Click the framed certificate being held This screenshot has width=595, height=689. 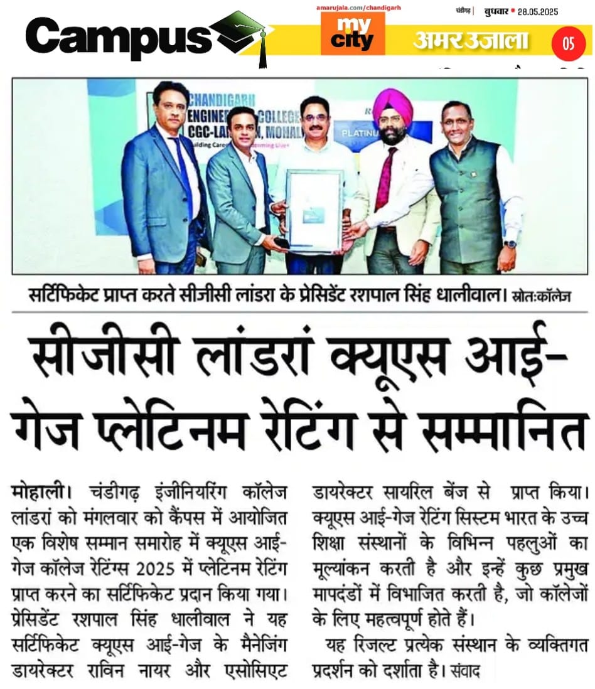(x=313, y=211)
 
